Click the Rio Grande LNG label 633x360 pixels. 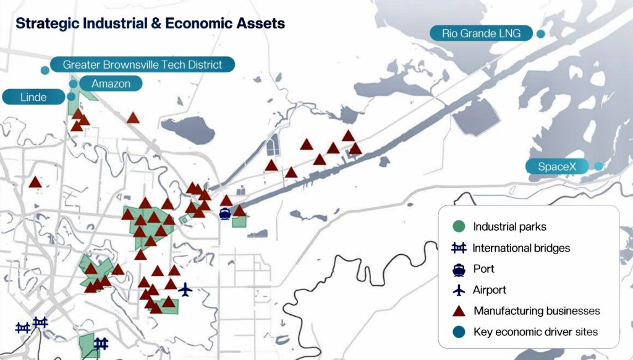[x=481, y=33]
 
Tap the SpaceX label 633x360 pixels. [x=557, y=166]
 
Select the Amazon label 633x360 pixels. [x=111, y=84]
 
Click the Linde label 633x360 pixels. [x=33, y=97]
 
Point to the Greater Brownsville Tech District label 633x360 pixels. [x=143, y=65]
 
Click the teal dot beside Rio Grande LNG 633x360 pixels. [x=540, y=34]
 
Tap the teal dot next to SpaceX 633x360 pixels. [x=598, y=166]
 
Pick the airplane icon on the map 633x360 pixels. [x=185, y=289]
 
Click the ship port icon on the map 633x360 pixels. [x=224, y=213]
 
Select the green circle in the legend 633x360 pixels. [x=459, y=226]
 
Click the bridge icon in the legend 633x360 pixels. [x=459, y=247]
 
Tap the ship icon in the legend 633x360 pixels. [x=459, y=269]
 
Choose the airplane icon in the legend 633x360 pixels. [x=459, y=289]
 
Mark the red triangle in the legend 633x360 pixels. [x=459, y=311]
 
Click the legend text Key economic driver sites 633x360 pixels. [x=536, y=332]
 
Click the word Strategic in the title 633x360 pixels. [x=48, y=24]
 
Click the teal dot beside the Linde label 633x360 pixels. [x=71, y=96]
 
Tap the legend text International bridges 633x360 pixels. [x=521, y=247]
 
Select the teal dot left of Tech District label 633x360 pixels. [x=45, y=71]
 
